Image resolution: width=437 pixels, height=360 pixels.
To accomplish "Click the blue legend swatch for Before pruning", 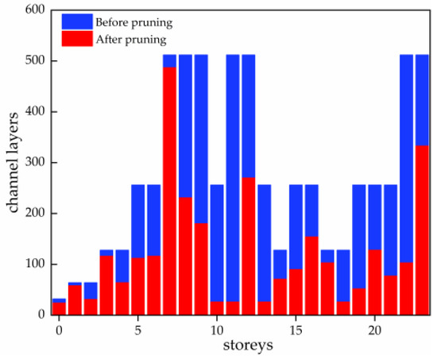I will [77, 21].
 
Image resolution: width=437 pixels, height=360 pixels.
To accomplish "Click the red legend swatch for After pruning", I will [77, 39].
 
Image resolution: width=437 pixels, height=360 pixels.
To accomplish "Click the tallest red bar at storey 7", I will [169, 191].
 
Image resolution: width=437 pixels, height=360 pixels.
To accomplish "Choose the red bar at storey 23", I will [422, 230].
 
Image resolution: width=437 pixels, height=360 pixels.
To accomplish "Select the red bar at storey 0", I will [59, 308].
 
